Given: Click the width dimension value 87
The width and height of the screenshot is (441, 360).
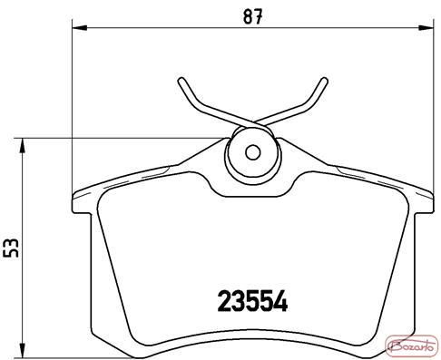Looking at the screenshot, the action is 252,16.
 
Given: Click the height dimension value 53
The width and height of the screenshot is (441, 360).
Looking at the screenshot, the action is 11,248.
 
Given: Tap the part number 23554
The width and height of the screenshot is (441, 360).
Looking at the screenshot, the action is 252,301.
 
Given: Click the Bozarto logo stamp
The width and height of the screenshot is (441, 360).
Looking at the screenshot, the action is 412,345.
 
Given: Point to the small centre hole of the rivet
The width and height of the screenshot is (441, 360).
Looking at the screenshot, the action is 253,152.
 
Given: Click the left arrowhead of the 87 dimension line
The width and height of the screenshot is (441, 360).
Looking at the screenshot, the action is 79,28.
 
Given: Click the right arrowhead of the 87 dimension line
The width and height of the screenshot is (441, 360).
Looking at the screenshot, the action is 426,28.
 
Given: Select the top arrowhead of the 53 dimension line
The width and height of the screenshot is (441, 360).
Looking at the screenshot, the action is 22,146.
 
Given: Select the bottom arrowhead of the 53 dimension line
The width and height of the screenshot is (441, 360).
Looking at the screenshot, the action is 22,351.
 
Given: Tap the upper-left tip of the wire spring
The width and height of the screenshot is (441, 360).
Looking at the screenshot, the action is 181,80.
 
